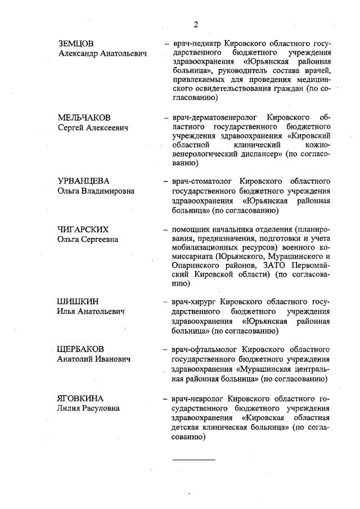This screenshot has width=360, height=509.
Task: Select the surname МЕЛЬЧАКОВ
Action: tap(84, 118)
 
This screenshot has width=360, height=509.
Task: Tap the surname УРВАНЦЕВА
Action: tap(83, 181)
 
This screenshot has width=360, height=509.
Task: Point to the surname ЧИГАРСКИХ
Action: tap(83, 229)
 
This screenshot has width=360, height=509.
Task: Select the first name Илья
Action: tap(67, 312)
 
